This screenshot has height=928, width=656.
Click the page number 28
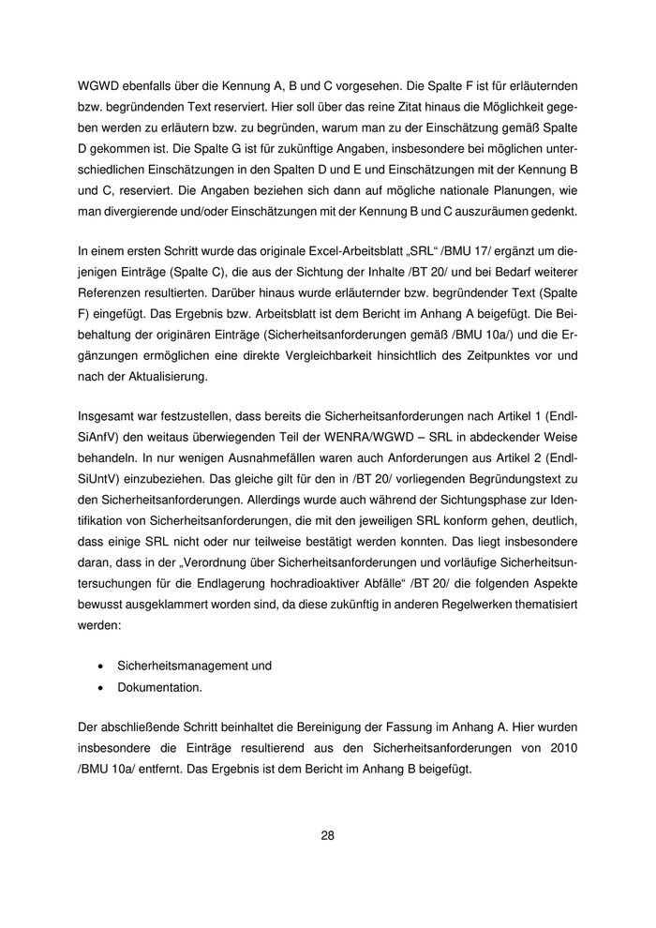(x=327, y=835)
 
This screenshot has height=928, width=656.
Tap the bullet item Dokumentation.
(x=158, y=687)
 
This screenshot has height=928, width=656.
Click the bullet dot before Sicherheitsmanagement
(x=101, y=666)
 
